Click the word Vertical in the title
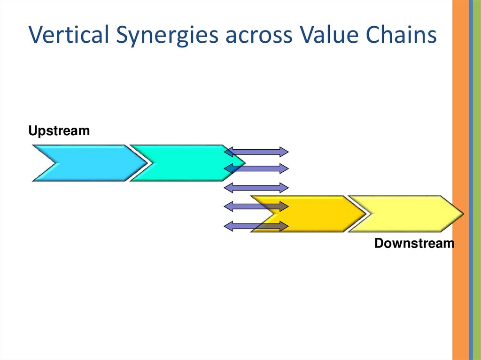(x=69, y=34)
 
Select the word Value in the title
(x=328, y=34)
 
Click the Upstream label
(x=59, y=131)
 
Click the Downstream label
(x=414, y=243)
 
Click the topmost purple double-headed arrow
(x=256, y=152)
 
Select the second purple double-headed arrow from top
(x=256, y=169)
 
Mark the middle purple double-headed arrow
(x=256, y=188)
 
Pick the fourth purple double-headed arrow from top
(x=256, y=207)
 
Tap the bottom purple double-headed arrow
(x=256, y=227)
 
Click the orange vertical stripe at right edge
(x=460, y=180)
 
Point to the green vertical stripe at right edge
(x=477, y=180)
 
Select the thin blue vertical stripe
(x=471, y=180)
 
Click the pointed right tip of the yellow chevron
(x=464, y=214)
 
